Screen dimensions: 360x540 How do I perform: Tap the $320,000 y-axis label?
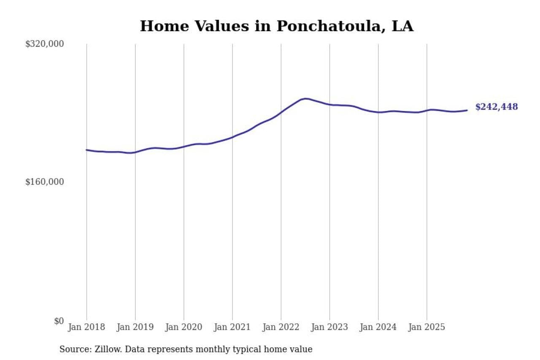[44, 44]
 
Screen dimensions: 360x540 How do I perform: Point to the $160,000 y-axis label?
[44, 182]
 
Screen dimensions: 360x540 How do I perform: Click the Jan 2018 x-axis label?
[86, 327]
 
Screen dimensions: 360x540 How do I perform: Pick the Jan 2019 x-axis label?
[135, 327]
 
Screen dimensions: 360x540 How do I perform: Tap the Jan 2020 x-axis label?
[184, 327]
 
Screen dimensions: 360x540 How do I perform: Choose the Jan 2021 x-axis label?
[232, 327]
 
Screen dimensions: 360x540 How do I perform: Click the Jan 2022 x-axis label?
[281, 327]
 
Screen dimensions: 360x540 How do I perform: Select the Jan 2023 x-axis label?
[329, 327]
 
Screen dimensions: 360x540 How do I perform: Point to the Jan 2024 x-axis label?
[378, 327]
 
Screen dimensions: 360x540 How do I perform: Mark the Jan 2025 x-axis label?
[427, 327]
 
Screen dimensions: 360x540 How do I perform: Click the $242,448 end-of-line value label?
[497, 107]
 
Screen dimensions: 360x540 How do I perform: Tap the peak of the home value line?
[305, 98]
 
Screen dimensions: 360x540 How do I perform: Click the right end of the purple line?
[467, 110]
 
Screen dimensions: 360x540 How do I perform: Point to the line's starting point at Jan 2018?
[86, 150]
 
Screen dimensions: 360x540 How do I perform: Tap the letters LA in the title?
[402, 26]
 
